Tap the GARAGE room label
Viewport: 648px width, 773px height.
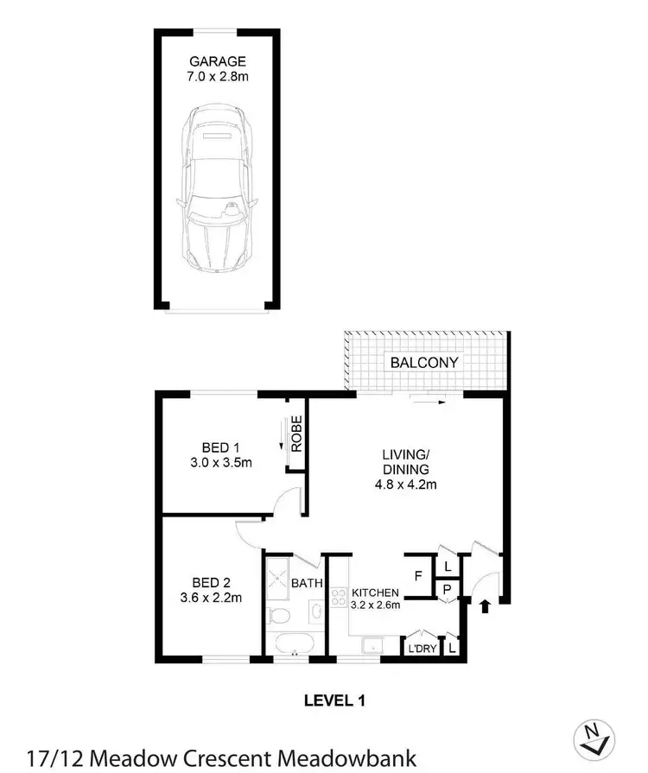pyautogui.click(x=217, y=61)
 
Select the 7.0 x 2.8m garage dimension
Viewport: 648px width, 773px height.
pyautogui.click(x=217, y=78)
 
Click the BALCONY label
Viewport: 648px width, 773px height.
pyautogui.click(x=424, y=363)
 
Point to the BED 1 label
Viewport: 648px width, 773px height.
pyautogui.click(x=220, y=447)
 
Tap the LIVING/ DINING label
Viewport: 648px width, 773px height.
pyautogui.click(x=406, y=461)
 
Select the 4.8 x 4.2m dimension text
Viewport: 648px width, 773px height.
pyautogui.click(x=406, y=484)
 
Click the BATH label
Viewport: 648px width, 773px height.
pyautogui.click(x=307, y=584)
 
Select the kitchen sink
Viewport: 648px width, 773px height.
pyautogui.click(x=372, y=644)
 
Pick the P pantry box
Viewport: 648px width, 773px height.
pyautogui.click(x=447, y=590)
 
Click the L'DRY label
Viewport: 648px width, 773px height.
pyautogui.click(x=421, y=648)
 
